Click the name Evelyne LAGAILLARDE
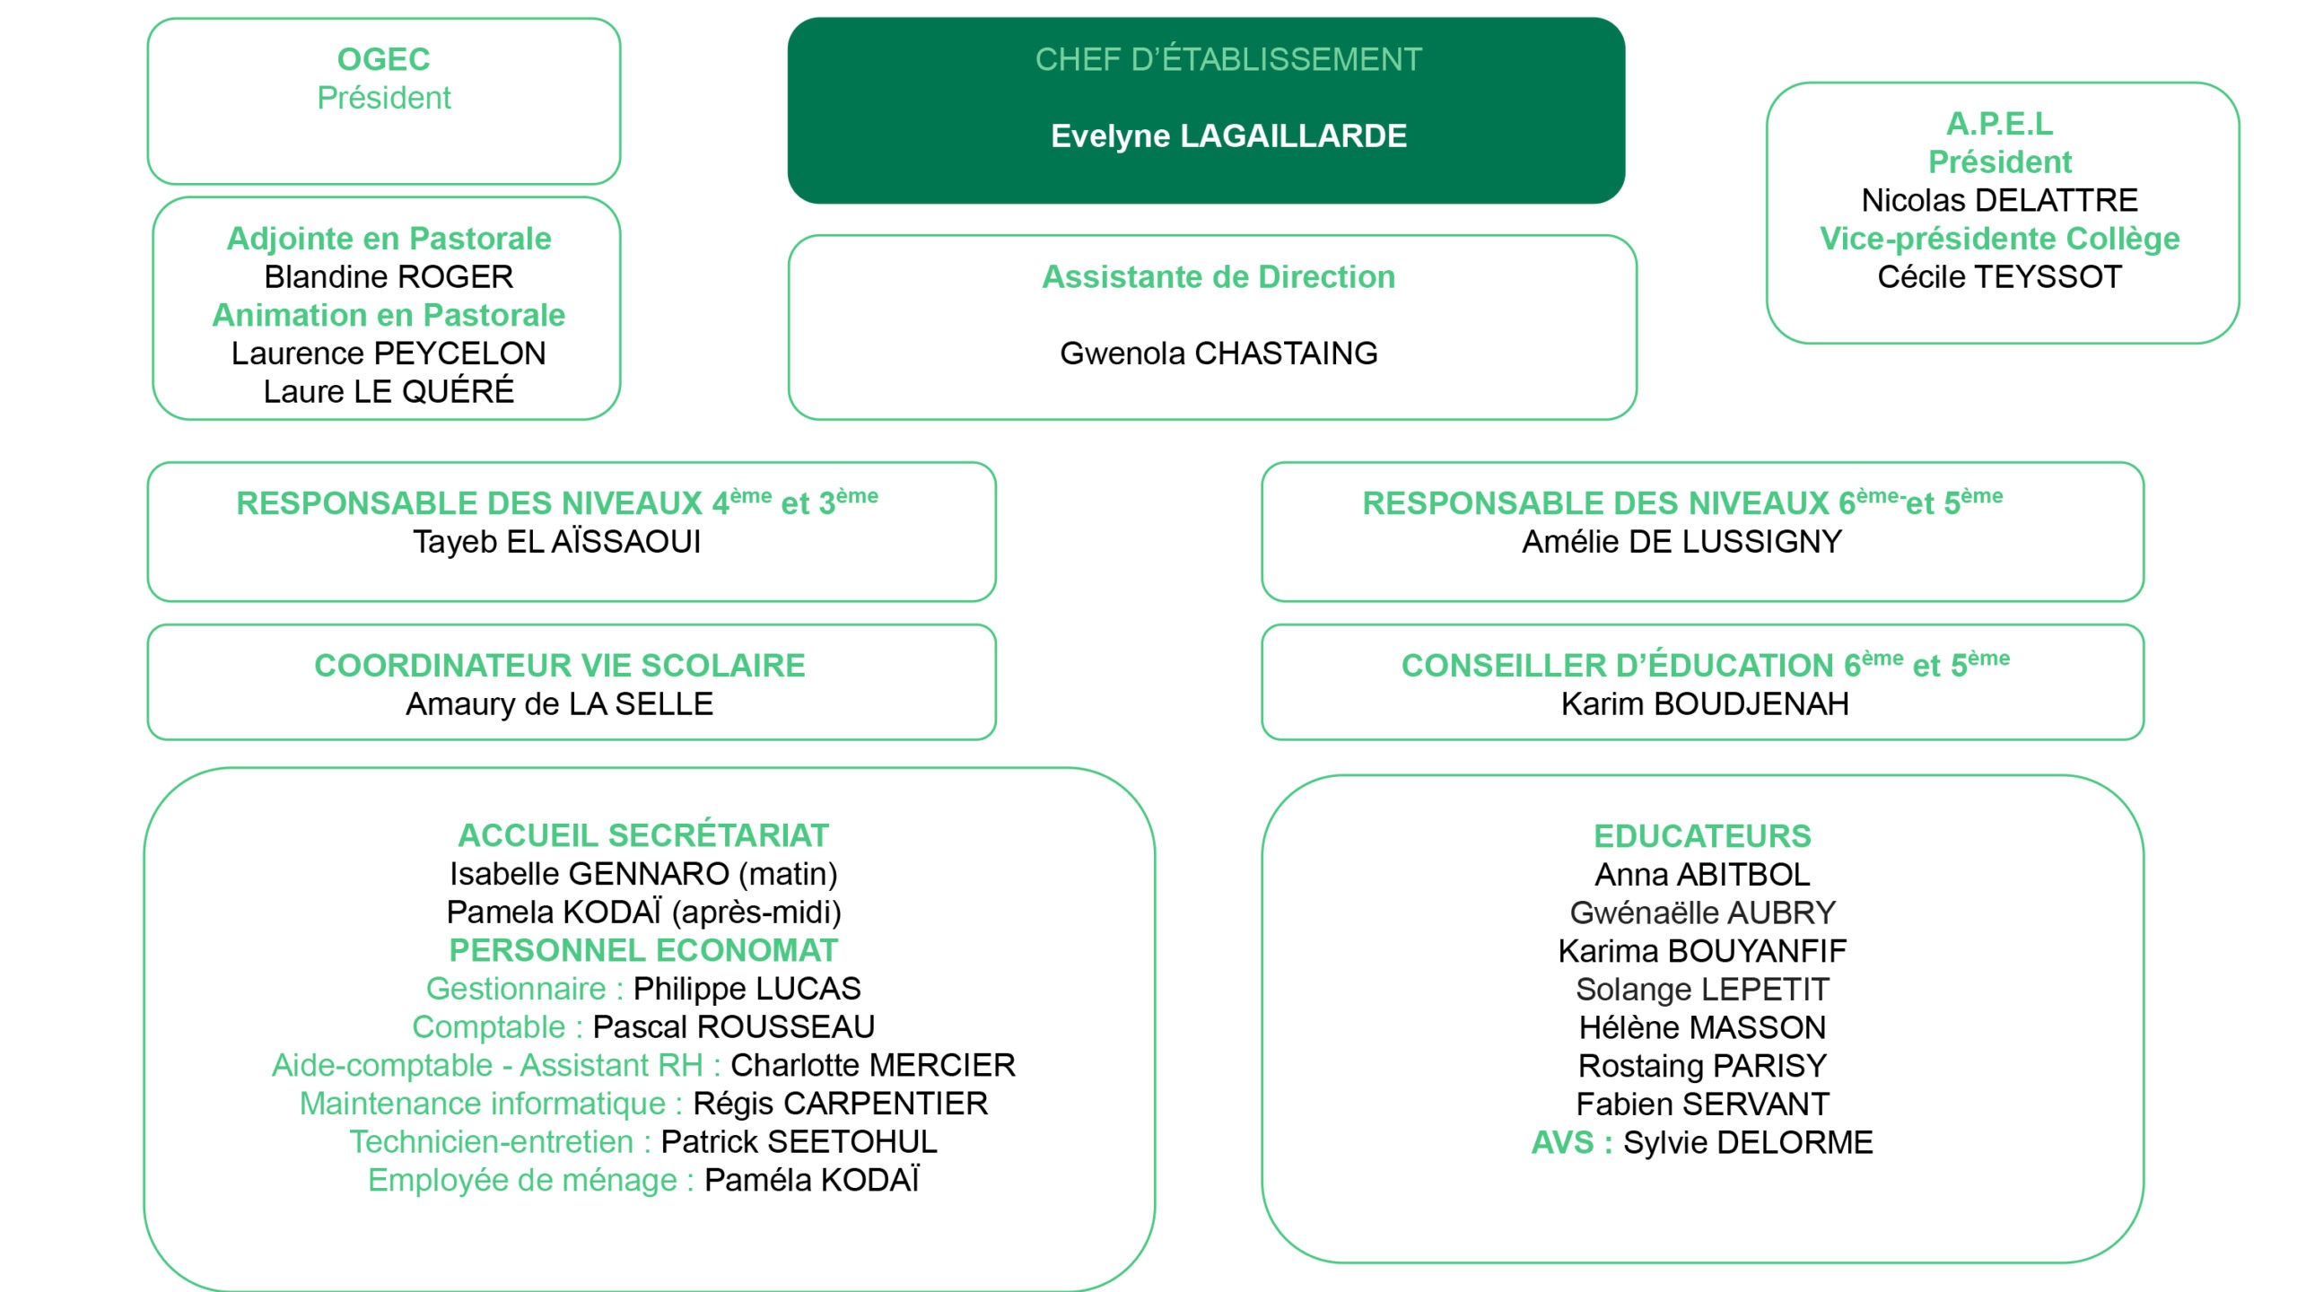(1228, 136)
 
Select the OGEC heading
(383, 59)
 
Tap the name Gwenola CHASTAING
(1218, 354)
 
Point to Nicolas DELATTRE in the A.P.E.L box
(1999, 200)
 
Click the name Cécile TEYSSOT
(1999, 277)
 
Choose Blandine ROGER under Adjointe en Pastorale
(389, 277)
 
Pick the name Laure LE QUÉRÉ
(389, 392)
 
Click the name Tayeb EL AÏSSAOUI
(556, 542)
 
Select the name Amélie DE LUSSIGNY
(1681, 542)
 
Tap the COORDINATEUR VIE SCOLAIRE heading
(559, 666)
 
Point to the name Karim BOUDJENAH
(1704, 704)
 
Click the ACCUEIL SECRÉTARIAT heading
(642, 835)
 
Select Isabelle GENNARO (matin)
(642, 874)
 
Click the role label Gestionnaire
(516, 989)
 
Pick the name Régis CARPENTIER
(840, 1104)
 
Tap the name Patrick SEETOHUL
(799, 1142)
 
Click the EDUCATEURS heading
(1702, 836)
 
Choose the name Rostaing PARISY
(1702, 1066)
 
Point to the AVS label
(1562, 1143)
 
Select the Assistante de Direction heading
(1218, 277)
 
